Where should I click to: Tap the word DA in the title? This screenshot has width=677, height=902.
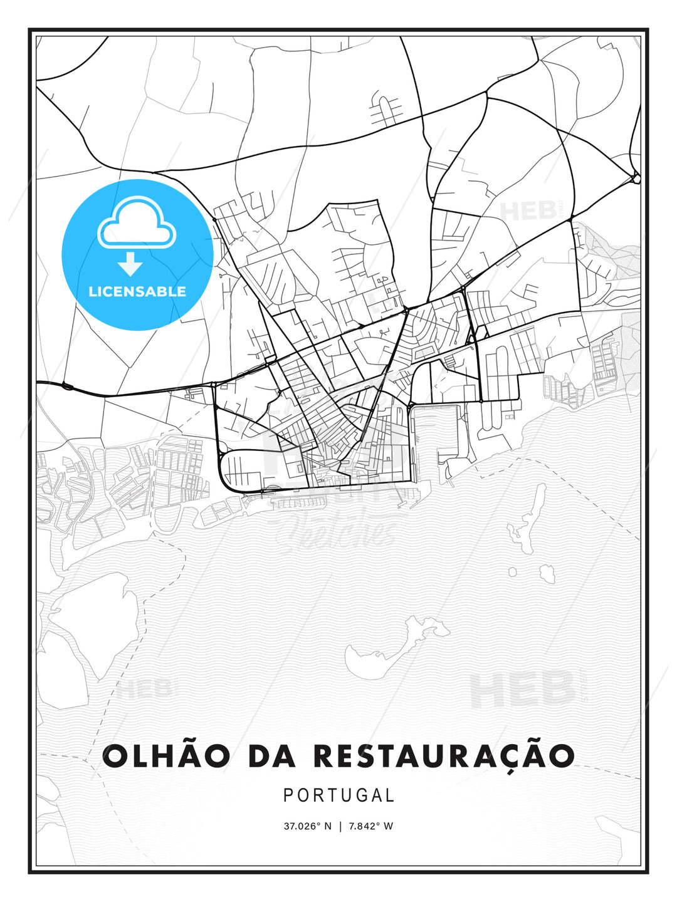click(x=272, y=756)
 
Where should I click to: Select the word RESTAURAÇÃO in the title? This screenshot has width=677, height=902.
click(x=443, y=756)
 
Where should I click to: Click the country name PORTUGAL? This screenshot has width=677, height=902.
click(x=338, y=796)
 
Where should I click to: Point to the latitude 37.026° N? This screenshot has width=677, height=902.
click(x=307, y=826)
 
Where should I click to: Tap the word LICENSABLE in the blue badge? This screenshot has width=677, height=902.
click(x=137, y=291)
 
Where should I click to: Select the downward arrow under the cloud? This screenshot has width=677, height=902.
click(x=130, y=264)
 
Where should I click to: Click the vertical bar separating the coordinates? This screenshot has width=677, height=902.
click(x=339, y=826)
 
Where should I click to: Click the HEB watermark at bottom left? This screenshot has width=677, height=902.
click(x=144, y=689)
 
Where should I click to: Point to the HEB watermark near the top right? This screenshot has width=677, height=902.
click(x=530, y=211)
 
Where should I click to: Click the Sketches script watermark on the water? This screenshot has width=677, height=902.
click(x=338, y=532)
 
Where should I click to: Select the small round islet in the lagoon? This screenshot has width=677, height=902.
click(x=513, y=572)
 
